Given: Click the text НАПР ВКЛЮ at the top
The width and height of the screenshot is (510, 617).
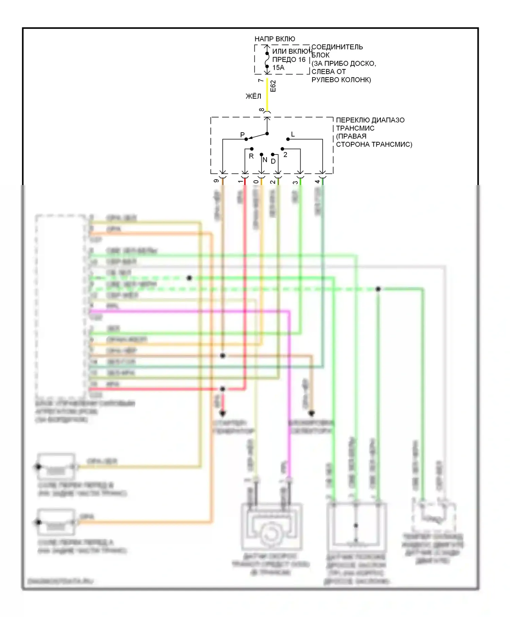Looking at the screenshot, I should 275,39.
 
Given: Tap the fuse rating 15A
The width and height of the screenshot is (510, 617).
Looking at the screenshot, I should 278,68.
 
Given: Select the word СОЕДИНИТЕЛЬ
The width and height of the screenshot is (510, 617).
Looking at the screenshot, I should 337,47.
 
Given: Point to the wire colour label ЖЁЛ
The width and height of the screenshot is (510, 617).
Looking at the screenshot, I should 253,96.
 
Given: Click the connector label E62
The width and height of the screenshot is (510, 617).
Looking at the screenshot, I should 273,86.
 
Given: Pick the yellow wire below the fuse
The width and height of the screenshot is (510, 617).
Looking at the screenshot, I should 267,95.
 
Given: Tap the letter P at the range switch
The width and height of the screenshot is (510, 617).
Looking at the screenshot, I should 242,135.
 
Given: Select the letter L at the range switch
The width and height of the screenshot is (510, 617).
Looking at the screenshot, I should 293,134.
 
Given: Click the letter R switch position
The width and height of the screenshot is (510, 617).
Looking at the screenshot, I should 251,156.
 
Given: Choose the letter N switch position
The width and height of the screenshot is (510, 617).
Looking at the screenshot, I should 265,160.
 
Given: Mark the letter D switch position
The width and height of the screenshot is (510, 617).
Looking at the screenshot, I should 273,161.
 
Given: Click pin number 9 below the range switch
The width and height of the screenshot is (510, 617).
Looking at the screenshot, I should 216,181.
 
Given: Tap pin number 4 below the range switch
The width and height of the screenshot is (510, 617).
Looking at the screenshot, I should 317,181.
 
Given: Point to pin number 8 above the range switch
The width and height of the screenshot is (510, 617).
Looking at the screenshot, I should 261,110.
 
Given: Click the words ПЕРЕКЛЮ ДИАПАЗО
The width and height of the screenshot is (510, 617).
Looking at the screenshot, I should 370,120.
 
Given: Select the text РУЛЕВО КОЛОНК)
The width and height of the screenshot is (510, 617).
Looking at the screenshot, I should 341,80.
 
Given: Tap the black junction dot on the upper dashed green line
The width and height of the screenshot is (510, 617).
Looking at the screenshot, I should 189,278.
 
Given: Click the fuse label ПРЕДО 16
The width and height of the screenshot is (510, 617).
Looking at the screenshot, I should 289,60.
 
